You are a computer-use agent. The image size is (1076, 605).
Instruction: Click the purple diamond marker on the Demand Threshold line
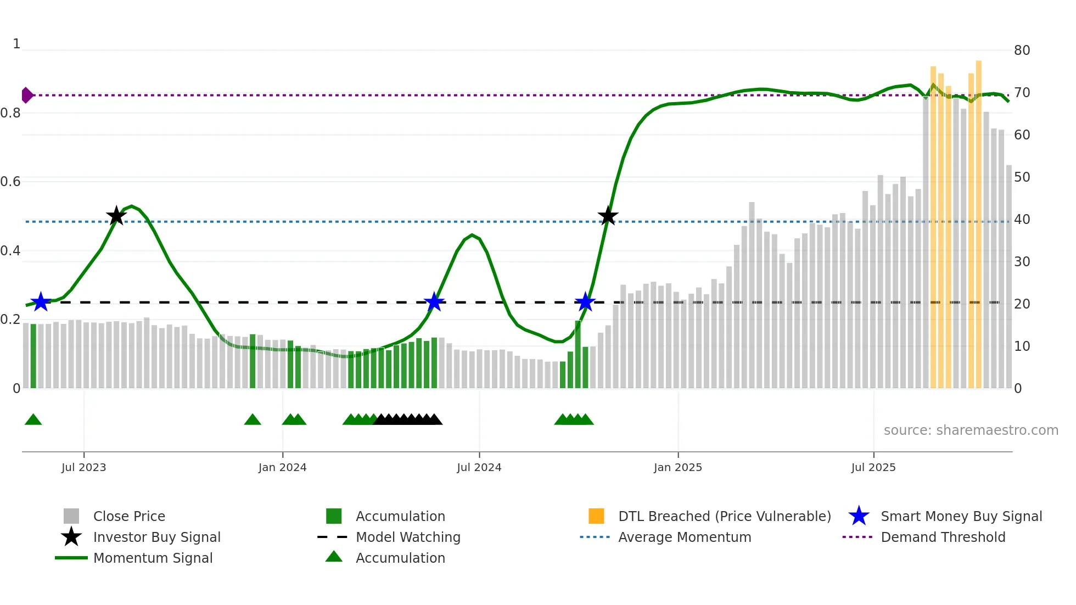(x=27, y=95)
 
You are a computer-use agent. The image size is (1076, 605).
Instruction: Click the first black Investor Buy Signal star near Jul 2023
(x=116, y=216)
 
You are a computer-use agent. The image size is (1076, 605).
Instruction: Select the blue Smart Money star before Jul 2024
(x=434, y=301)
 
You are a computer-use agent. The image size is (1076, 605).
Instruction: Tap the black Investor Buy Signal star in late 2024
(x=608, y=216)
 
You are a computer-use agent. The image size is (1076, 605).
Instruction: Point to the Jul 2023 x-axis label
(x=84, y=467)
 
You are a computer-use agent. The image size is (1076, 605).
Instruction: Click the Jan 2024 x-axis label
(x=283, y=467)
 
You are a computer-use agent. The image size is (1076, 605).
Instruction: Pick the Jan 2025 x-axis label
(x=678, y=467)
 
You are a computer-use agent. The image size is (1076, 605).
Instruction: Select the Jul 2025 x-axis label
(x=873, y=467)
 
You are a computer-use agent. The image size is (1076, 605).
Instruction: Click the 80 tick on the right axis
(x=1022, y=51)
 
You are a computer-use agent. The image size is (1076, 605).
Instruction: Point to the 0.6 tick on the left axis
(x=10, y=182)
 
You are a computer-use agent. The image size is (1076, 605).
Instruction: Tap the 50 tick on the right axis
(x=1022, y=177)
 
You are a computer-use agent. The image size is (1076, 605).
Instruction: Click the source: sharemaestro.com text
(x=971, y=430)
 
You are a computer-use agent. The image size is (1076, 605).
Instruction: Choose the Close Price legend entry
(x=129, y=516)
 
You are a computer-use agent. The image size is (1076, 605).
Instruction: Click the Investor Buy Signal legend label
(x=157, y=537)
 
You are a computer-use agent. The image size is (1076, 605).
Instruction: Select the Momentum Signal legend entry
(x=153, y=558)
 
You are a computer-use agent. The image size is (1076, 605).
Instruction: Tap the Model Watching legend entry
(x=408, y=537)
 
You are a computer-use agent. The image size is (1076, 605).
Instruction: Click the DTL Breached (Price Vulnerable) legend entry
(x=724, y=516)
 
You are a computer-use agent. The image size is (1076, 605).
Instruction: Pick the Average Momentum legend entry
(x=685, y=537)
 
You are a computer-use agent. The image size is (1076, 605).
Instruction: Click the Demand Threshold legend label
(x=943, y=537)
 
